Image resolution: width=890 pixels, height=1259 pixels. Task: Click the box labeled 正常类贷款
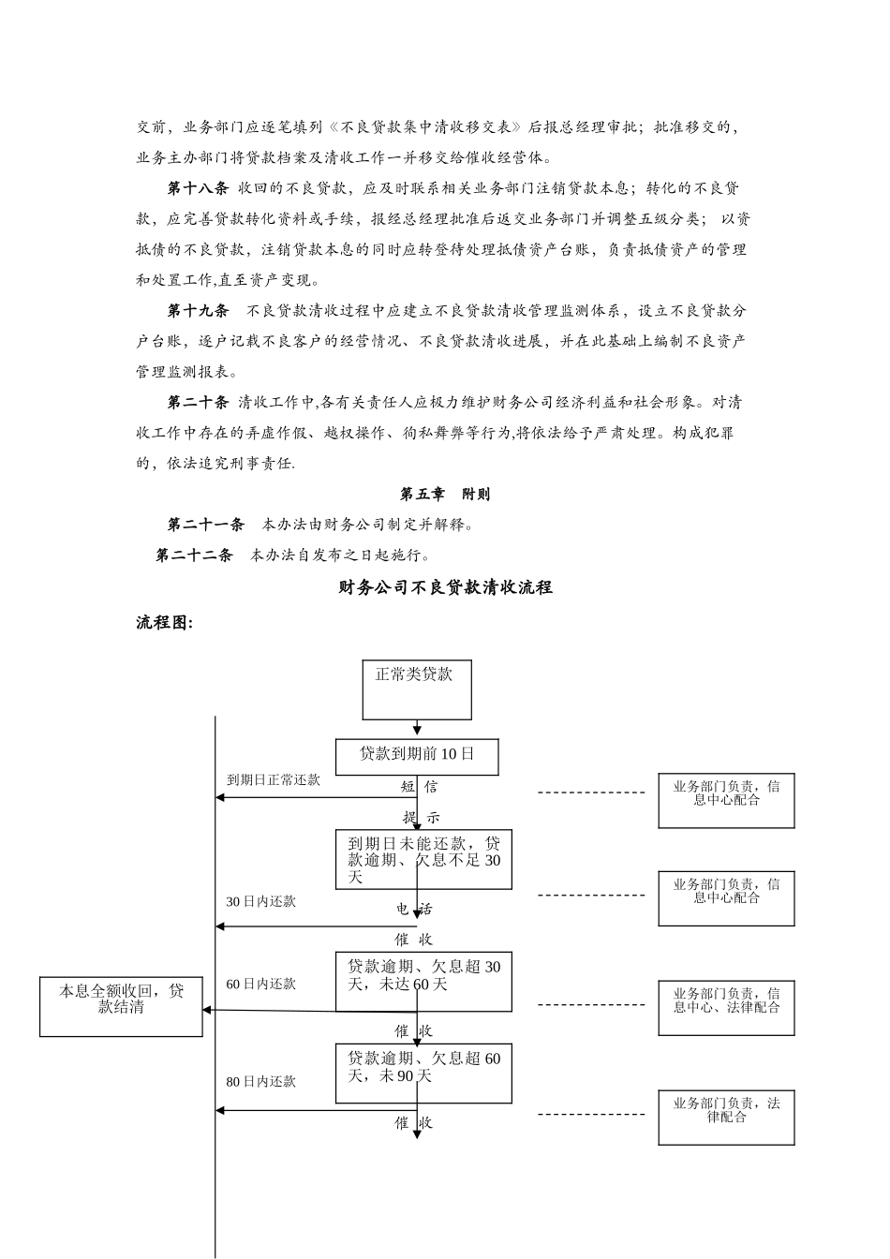point(417,689)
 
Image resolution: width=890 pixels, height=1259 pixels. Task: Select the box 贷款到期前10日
point(417,756)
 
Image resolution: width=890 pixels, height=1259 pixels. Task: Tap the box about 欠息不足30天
point(423,859)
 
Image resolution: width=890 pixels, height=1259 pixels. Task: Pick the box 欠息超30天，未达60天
point(423,982)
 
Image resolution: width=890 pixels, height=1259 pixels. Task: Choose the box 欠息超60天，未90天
point(423,1074)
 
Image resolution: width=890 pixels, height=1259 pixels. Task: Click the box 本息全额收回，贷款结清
point(121,1006)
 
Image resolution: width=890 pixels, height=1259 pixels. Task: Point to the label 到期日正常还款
point(274,779)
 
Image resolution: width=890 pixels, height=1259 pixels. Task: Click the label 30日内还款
point(260,901)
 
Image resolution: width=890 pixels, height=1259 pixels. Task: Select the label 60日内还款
point(260,984)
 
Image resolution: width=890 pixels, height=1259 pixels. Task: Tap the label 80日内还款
point(260,1081)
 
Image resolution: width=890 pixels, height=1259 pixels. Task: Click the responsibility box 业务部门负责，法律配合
point(726,1117)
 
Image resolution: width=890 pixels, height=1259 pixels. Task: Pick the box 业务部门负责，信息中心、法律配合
point(726,1007)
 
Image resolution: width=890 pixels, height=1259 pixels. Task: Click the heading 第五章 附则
point(445,494)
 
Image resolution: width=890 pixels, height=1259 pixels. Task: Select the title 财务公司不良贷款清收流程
point(445,587)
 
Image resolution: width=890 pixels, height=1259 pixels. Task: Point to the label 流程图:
point(165,622)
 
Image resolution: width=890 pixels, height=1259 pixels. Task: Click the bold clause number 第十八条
point(198,188)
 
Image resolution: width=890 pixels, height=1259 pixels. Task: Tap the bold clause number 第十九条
point(198,310)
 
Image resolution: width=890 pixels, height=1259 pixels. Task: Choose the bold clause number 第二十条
point(198,402)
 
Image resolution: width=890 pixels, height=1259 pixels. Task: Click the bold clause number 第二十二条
point(194,555)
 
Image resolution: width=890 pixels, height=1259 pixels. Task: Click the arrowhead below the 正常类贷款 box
point(417,730)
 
